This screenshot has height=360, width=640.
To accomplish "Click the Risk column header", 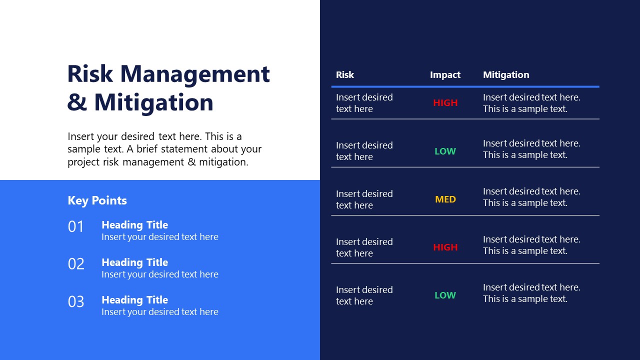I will point(344,75).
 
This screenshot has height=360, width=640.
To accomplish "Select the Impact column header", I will point(445,75).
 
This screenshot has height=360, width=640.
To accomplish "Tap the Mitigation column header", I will point(505,75).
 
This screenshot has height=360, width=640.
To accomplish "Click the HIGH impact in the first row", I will point(445,103).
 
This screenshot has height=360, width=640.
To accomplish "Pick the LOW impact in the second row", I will point(445,151).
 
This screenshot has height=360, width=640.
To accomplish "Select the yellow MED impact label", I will point(445,199).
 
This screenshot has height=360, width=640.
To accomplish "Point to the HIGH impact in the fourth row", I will point(445,247).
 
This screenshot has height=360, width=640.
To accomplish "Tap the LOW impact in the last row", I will point(445,295).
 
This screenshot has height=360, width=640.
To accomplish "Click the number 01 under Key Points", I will point(76,227).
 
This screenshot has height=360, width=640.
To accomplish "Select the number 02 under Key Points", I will point(76,264).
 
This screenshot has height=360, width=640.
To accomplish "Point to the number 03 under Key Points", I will point(76,301).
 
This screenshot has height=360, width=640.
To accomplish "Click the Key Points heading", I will point(97,200).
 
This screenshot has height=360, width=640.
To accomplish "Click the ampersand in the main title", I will point(77,102).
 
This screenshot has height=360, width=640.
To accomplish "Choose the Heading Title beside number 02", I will point(134,262).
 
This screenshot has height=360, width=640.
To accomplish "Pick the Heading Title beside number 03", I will point(134,300).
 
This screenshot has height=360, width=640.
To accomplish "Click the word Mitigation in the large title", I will point(153,102).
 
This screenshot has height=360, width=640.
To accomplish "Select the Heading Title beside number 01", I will point(134,225).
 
